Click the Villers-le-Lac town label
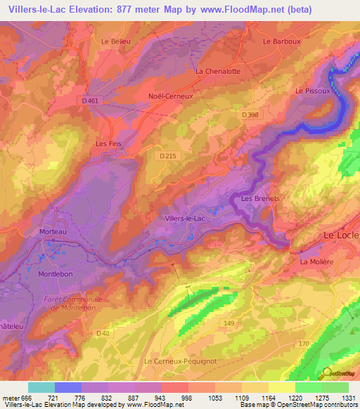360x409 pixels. [184, 219]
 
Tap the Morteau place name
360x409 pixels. [52, 232]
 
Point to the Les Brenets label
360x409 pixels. [260, 199]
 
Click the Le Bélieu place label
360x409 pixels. [116, 41]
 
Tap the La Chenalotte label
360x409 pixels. [218, 72]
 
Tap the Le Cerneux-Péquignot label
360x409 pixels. [179, 361]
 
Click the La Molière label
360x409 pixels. [315, 262]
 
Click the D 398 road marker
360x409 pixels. [250, 115]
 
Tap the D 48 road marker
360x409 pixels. [103, 332]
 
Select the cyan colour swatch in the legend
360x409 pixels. [41, 387]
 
